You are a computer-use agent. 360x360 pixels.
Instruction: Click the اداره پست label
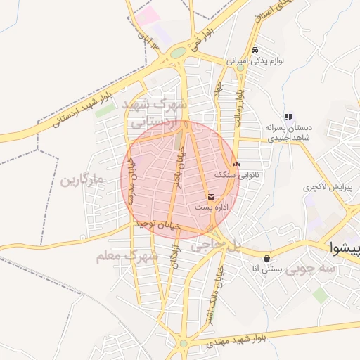[212, 207]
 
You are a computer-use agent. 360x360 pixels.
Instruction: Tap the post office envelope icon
[212, 196]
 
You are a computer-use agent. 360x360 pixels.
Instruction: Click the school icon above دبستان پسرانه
[288, 117]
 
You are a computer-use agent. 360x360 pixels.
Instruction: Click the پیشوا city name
[347, 247]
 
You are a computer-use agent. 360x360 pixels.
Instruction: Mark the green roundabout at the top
[179, 52]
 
